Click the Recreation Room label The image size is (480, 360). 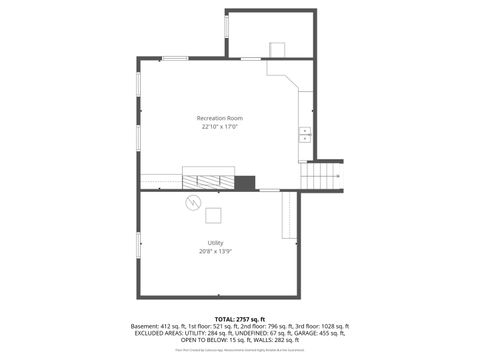click(x=221, y=119)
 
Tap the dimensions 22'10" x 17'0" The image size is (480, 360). click(x=221, y=128)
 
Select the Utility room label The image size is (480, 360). click(x=215, y=242)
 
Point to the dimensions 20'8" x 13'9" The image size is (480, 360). click(x=215, y=251)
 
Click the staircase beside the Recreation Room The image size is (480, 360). click(x=321, y=177)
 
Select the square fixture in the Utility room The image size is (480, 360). click(x=214, y=215)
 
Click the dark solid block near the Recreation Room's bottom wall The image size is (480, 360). click(x=245, y=182)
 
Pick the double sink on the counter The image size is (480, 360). click(x=305, y=134)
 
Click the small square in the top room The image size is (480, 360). click(x=277, y=49)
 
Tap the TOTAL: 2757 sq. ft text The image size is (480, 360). click(x=240, y=319)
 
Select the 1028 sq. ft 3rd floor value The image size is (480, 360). click(x=329, y=326)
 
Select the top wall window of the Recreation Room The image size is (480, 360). click(x=176, y=59)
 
